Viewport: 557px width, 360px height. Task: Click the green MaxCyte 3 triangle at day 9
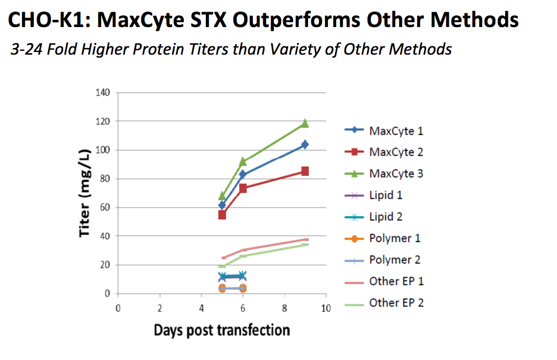(305, 123)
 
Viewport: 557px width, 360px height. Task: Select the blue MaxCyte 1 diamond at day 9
(305, 145)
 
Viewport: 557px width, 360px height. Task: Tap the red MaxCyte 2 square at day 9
(305, 171)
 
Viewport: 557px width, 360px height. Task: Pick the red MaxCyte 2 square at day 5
(222, 214)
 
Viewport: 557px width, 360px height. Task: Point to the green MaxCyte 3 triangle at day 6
(242, 161)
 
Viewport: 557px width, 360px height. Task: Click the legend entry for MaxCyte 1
(396, 131)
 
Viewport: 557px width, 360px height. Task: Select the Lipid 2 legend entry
(385, 216)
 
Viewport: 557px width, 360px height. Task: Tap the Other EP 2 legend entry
(396, 303)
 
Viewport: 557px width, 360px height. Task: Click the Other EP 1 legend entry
(396, 281)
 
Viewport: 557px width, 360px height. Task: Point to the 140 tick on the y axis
(103, 92)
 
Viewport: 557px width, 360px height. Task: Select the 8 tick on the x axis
(284, 308)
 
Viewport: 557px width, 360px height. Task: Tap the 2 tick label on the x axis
(159, 308)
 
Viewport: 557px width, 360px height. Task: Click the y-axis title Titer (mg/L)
(84, 193)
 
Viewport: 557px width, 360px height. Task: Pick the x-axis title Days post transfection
(221, 330)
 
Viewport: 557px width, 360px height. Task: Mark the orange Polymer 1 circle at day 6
(242, 288)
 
